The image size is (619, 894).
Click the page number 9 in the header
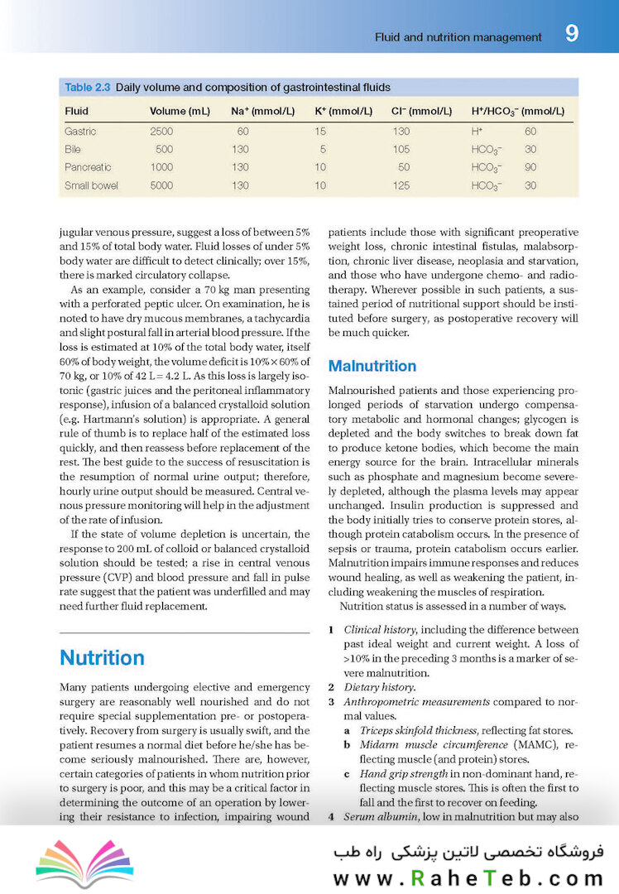[x=572, y=35]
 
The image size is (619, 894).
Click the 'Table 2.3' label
[x=88, y=87]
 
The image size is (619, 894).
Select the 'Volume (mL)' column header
[x=180, y=111]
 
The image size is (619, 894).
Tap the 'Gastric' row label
[x=80, y=132]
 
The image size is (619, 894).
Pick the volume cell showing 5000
[x=161, y=185]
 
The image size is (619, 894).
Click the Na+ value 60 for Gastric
[x=242, y=132]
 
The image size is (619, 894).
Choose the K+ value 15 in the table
[x=320, y=132]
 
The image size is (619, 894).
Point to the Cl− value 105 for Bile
[x=401, y=149]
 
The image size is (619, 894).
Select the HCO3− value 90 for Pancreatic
[x=530, y=167]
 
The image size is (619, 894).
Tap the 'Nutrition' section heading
[x=102, y=657]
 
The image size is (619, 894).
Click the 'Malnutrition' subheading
[x=372, y=366]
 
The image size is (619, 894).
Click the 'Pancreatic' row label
[x=88, y=167]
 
